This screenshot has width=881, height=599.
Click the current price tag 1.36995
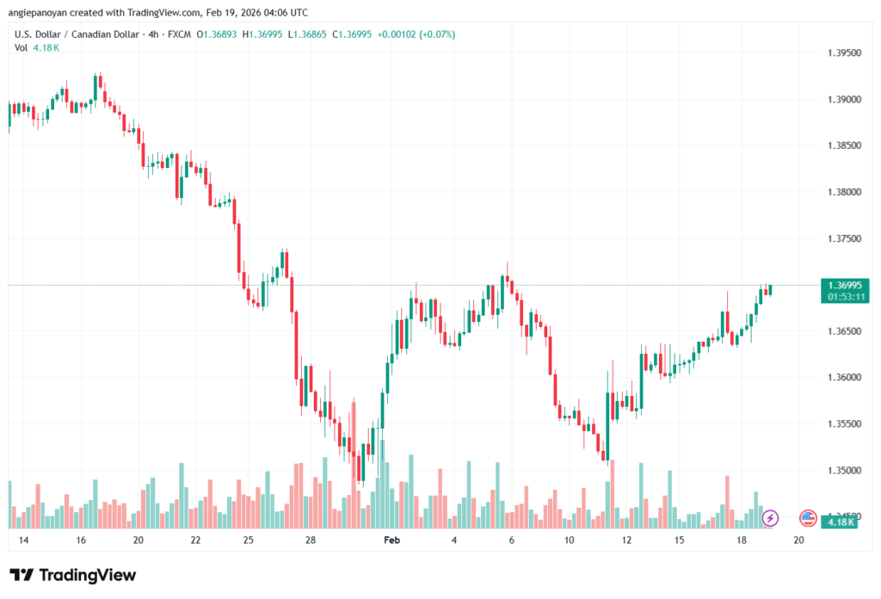pyautogui.click(x=845, y=285)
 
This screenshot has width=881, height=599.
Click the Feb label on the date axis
pyautogui.click(x=391, y=540)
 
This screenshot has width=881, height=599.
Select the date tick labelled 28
pyautogui.click(x=311, y=540)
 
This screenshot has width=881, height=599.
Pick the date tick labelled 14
pyautogui.click(x=23, y=540)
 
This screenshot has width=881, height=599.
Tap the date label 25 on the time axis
pyautogui.click(x=248, y=540)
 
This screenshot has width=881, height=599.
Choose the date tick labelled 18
pyautogui.click(x=742, y=540)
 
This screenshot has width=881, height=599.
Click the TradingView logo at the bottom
pyautogui.click(x=73, y=575)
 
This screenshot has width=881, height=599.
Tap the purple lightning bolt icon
pyautogui.click(x=770, y=518)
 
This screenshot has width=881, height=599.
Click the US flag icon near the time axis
pyautogui.click(x=808, y=518)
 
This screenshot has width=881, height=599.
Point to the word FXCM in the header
pyautogui.click(x=180, y=34)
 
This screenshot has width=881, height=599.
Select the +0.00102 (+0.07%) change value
pyautogui.click(x=417, y=34)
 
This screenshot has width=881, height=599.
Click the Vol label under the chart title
pyautogui.click(x=22, y=47)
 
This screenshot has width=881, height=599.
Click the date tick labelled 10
pyautogui.click(x=569, y=540)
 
